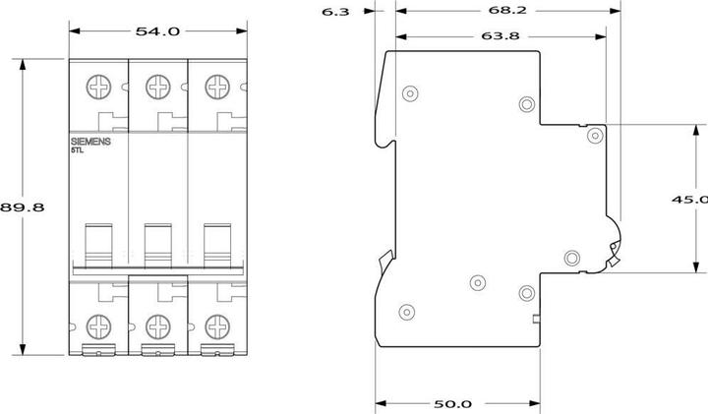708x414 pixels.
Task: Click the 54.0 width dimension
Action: coord(157,31)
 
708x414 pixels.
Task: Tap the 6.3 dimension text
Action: coord(334,12)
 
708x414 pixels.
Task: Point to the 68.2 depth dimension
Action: coord(505,12)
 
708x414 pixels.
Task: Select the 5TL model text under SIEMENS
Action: coord(78,151)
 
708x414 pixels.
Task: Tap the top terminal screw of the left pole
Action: coord(99,87)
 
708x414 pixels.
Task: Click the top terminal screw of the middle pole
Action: coord(157,87)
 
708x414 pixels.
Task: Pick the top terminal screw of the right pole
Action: coord(215,87)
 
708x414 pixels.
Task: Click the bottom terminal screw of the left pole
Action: coord(99,324)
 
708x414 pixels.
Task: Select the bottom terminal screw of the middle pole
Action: coord(157,324)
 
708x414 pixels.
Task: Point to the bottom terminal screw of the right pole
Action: coord(215,324)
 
